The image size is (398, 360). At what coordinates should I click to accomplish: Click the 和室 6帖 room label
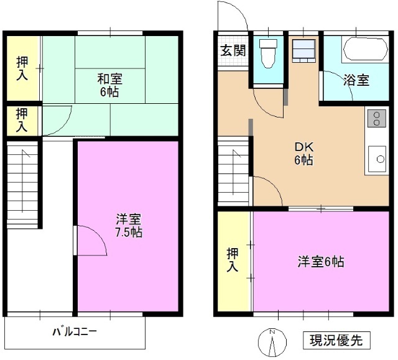pos(109,85)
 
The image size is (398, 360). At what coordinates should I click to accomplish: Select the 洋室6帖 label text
pos(320,262)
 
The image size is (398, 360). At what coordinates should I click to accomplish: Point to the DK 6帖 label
pos(303,154)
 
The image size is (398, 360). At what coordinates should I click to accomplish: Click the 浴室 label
pos(356,80)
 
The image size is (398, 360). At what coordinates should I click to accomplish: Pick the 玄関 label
pos(233,49)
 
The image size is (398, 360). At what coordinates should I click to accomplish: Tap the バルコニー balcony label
pos(74,331)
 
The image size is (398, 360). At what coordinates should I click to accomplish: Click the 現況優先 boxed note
pos(336,341)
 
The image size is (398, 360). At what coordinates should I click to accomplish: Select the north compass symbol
pos(272,341)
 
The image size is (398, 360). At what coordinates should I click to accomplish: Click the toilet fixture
pos(269,53)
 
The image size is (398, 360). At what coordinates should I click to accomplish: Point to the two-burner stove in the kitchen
pos(376,118)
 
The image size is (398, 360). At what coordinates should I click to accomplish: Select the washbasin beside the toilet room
pos(305,50)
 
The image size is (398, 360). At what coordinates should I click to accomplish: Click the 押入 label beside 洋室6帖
pos(233,261)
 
